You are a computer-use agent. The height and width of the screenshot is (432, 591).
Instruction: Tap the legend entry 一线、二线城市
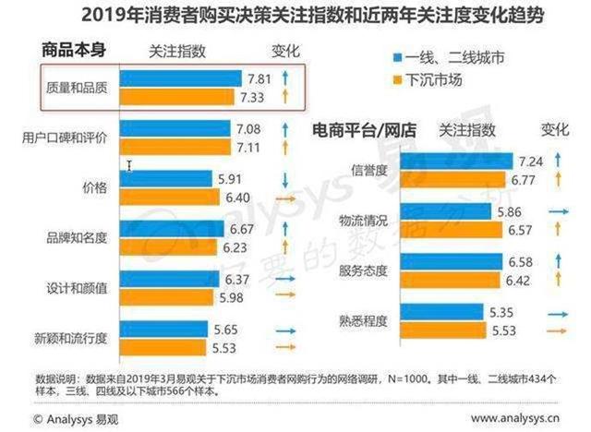pos(456,55)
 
